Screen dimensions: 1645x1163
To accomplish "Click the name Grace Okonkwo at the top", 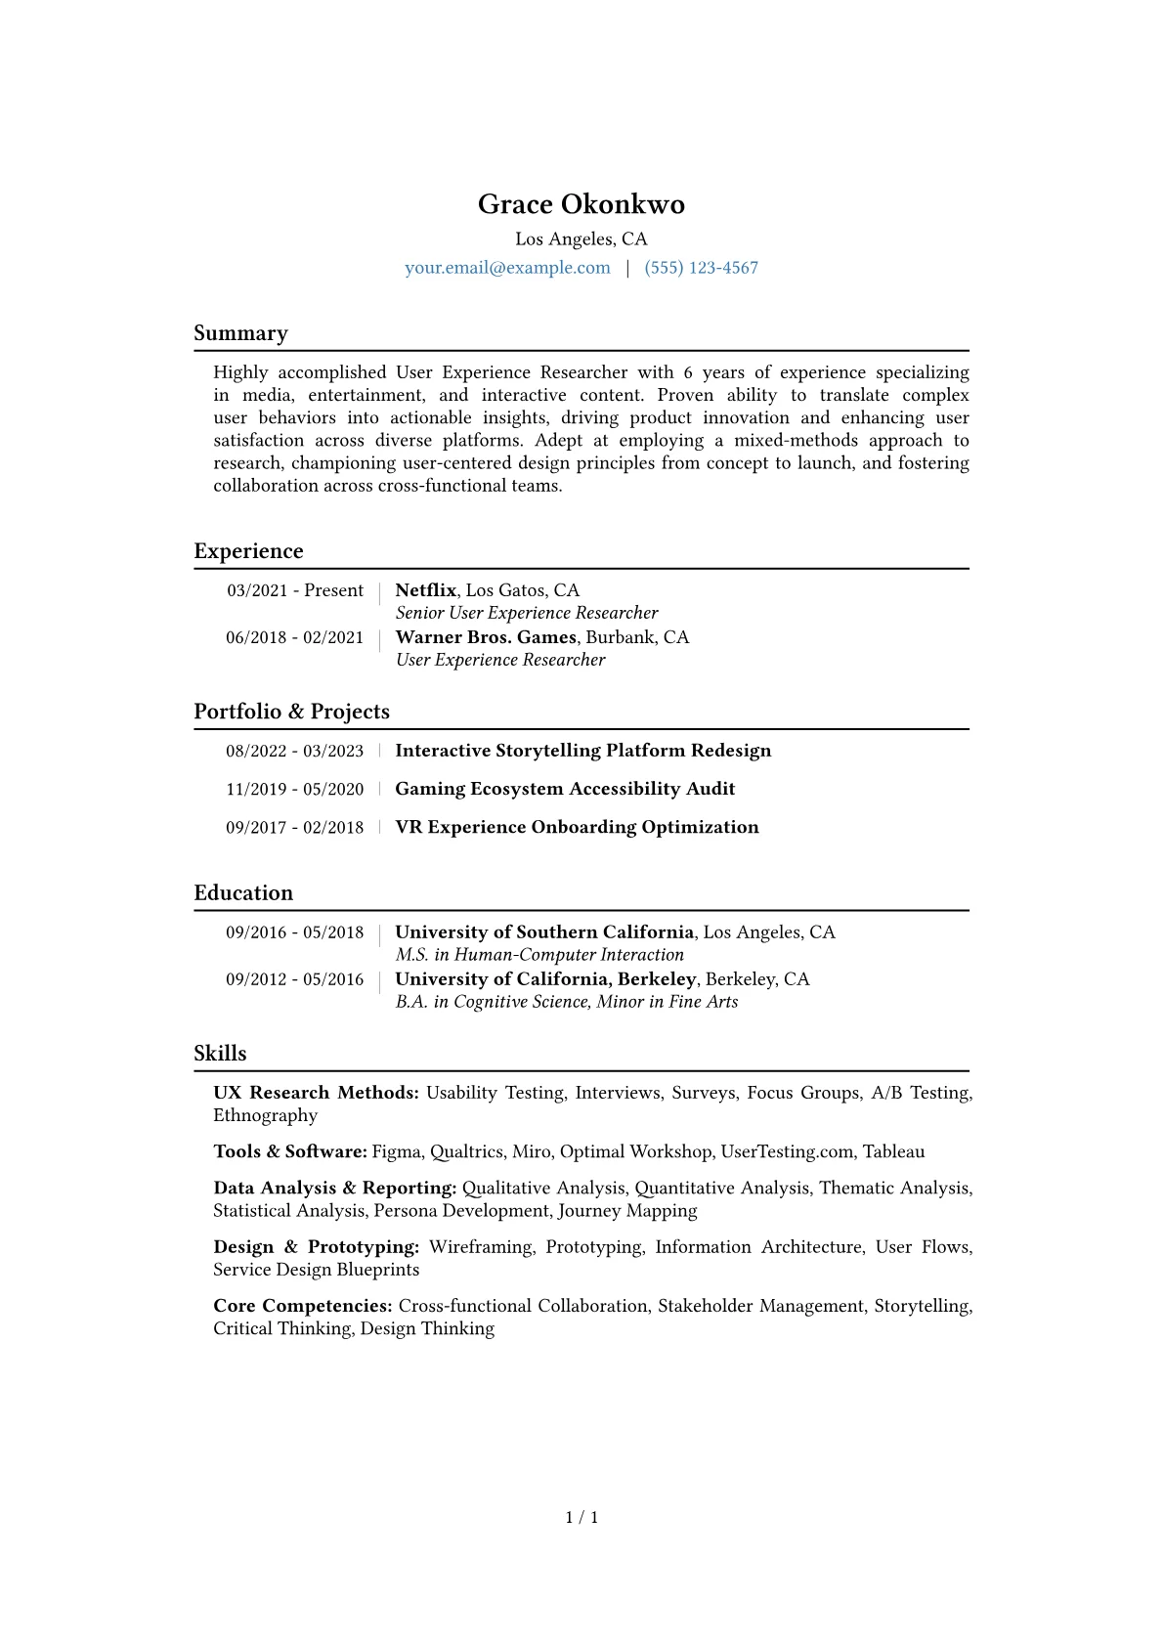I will (x=581, y=204).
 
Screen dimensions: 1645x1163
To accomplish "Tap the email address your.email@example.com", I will (x=507, y=268).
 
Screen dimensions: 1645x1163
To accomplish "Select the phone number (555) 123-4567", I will (x=701, y=268).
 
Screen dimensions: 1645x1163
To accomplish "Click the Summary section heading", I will (x=240, y=333).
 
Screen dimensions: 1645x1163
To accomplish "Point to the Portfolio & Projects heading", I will (x=291, y=712).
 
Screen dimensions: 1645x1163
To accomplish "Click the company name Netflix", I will (x=425, y=590).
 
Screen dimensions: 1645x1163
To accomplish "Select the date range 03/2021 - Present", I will (x=295, y=590).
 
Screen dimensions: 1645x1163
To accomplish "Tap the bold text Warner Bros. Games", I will (x=486, y=637).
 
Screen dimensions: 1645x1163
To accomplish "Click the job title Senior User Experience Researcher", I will (x=526, y=613).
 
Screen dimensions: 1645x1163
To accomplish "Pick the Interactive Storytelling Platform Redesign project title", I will (x=582, y=751).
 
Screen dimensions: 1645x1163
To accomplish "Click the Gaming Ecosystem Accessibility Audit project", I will (x=565, y=789).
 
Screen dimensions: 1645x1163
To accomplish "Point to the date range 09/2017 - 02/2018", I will (x=294, y=827).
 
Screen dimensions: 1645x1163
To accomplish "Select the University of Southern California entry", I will (x=544, y=932).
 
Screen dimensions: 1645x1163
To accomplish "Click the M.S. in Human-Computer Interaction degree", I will (x=539, y=955).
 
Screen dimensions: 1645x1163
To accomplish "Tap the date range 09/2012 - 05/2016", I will (x=294, y=979).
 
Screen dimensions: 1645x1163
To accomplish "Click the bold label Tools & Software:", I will (x=290, y=1151).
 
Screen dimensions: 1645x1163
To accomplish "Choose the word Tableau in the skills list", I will (x=893, y=1151).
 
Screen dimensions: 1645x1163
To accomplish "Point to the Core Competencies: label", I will (x=303, y=1306).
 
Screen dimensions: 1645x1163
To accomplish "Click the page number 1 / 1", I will (x=581, y=1517).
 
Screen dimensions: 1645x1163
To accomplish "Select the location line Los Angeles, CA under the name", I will (x=581, y=239).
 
